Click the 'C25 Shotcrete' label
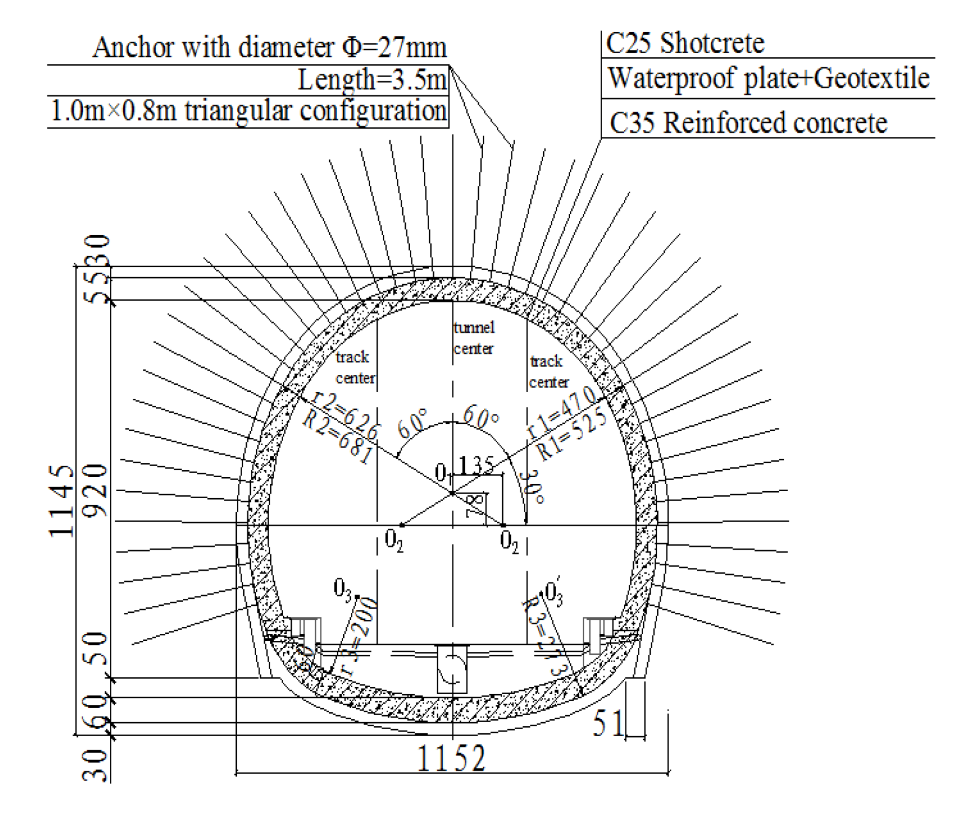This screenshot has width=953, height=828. tap(685, 43)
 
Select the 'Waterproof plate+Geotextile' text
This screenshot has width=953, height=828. tap(768, 78)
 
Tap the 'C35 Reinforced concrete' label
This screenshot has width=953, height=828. tap(748, 123)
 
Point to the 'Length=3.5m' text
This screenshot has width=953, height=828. tap(372, 80)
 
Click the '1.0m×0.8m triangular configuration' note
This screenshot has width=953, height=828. tap(248, 111)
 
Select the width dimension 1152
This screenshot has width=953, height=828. tap(451, 759)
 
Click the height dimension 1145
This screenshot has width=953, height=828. tap(61, 501)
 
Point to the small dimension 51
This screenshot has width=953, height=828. tap(608, 723)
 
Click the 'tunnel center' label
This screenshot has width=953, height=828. tap(474, 338)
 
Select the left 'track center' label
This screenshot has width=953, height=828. tap(355, 367)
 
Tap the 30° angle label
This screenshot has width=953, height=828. tap(534, 487)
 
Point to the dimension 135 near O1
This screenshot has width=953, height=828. tap(476, 465)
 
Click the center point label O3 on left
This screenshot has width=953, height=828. tap(343, 588)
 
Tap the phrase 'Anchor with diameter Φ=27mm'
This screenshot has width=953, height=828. tap(270, 47)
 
